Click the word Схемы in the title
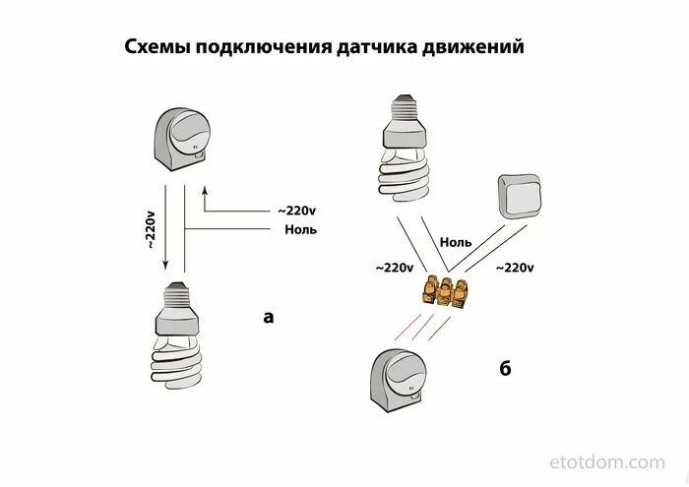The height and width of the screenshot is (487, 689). click(156, 47)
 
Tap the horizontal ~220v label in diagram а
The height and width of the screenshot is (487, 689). click(298, 211)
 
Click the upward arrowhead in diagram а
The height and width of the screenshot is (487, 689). click(204, 189)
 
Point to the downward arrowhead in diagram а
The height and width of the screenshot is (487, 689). click(166, 267)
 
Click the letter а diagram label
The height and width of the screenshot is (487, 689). click(268, 316)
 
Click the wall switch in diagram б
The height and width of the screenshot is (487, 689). click(519, 197)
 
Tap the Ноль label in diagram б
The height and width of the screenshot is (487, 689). click(456, 241)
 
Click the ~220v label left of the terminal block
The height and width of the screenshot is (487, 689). click(394, 267)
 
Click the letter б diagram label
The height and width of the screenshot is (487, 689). click(505, 369)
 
